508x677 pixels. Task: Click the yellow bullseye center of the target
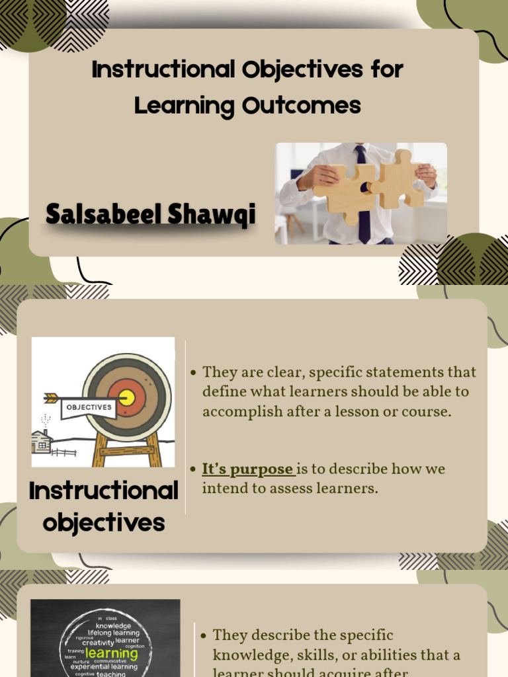click(x=126, y=397)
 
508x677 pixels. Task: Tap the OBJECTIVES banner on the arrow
click(x=89, y=408)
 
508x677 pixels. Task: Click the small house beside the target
click(x=42, y=441)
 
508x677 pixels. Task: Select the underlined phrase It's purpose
click(x=247, y=469)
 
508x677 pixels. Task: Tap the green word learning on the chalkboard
click(x=112, y=653)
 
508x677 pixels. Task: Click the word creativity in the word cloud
click(x=97, y=643)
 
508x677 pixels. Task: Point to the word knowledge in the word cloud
click(x=114, y=625)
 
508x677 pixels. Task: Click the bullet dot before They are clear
click(x=193, y=373)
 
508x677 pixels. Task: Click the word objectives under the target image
click(x=103, y=523)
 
